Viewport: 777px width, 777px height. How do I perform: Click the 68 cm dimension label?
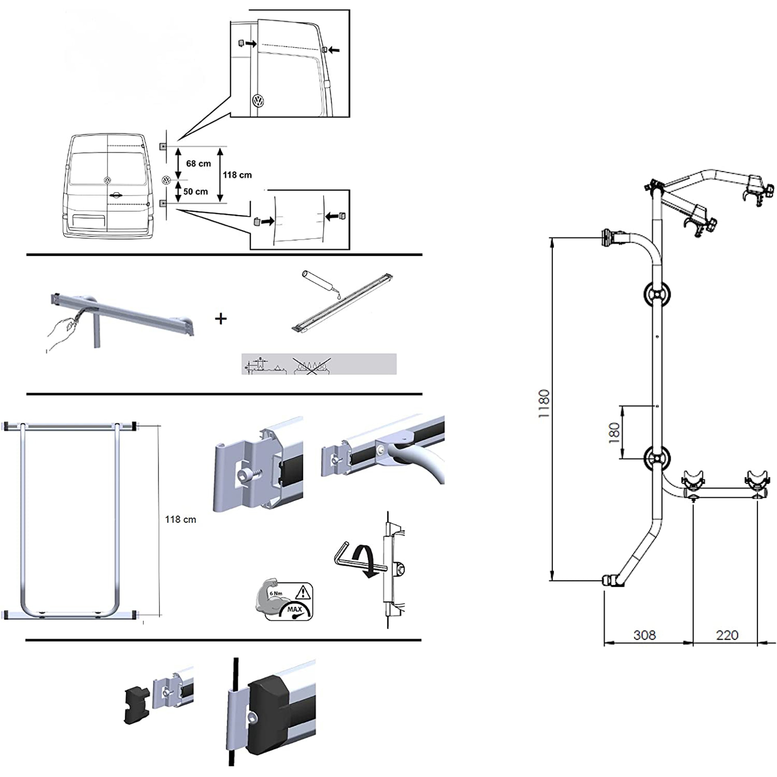(x=198, y=164)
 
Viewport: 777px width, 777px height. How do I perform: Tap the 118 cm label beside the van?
(x=237, y=175)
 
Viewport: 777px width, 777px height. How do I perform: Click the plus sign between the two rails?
(x=221, y=319)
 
